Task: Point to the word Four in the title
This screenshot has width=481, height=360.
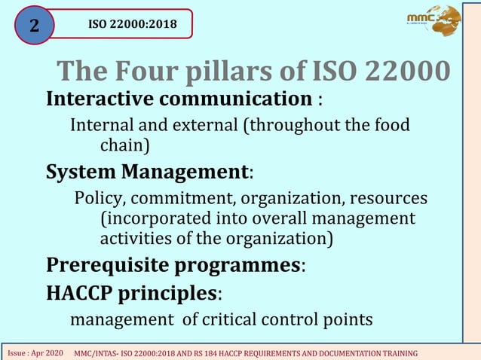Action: click(x=144, y=72)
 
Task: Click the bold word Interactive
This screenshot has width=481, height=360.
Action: click(x=100, y=99)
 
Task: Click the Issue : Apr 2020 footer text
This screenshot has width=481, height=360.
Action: click(x=35, y=352)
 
